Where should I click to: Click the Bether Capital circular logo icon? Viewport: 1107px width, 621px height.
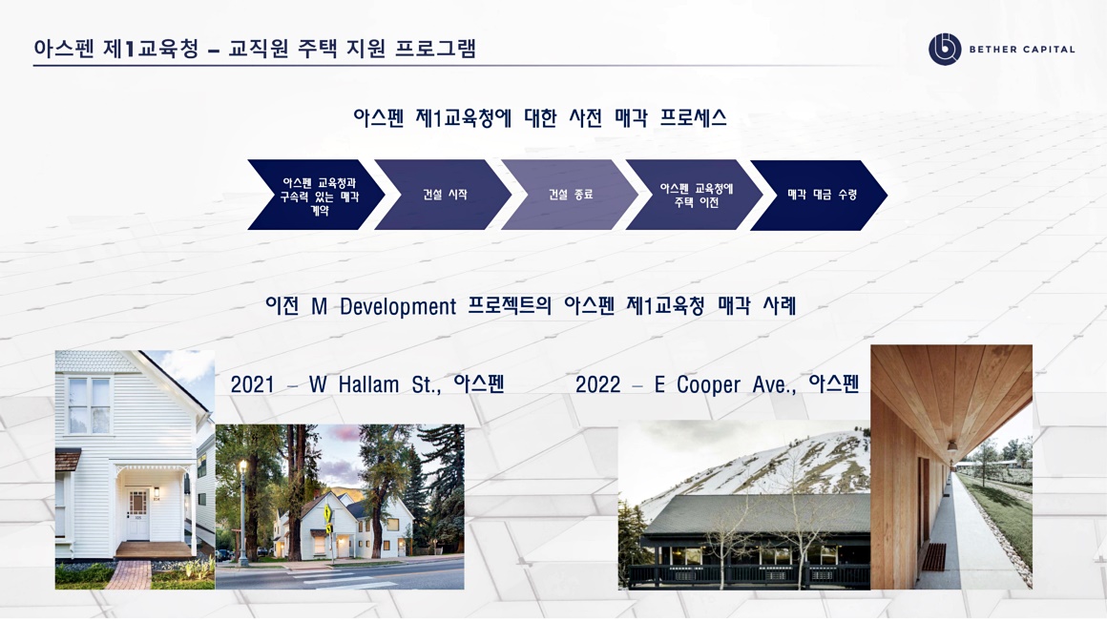pos(945,50)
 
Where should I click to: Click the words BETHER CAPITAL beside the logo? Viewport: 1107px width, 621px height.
pos(1021,50)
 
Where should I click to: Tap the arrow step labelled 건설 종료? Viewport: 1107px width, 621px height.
pos(570,195)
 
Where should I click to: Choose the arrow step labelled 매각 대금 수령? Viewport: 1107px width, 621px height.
pos(819,195)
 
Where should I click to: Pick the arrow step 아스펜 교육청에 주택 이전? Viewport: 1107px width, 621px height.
pos(695,195)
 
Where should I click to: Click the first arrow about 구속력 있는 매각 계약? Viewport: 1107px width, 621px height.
pos(317,195)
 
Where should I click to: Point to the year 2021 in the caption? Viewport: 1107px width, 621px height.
pos(252,384)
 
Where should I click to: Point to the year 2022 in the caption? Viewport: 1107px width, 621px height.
pos(597,384)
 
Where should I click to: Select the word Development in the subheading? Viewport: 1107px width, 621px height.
pos(398,306)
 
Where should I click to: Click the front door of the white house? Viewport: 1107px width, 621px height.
pos(138,514)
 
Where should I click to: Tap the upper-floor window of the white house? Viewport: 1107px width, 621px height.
pos(89,405)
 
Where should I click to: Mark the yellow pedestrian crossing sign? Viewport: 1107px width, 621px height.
pos(328,513)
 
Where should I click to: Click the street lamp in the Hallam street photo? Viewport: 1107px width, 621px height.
pos(242,512)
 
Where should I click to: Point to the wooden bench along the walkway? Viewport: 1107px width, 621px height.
pos(933,557)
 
